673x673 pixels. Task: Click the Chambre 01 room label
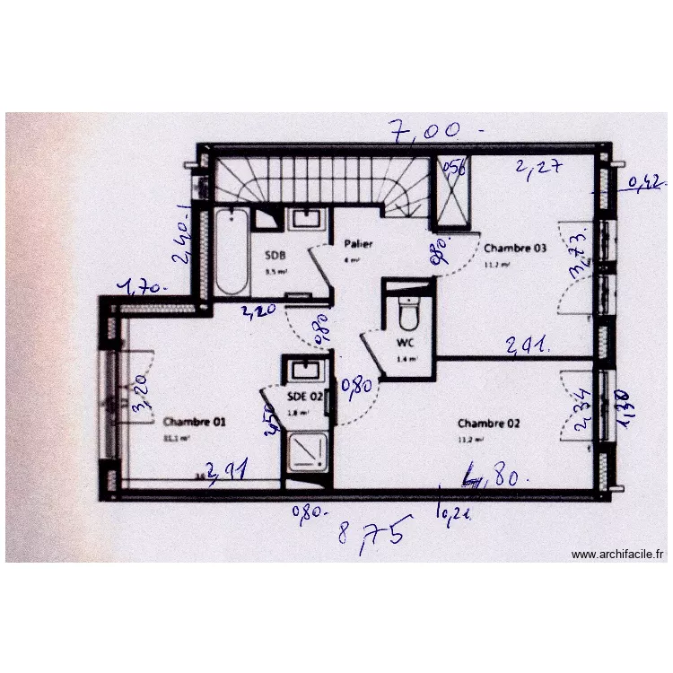tap(194, 421)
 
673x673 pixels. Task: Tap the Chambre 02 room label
tap(488, 423)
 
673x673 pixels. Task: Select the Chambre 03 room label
tap(514, 249)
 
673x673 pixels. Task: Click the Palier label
tap(358, 243)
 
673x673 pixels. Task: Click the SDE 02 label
tap(304, 395)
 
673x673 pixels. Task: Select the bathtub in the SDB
tap(232, 250)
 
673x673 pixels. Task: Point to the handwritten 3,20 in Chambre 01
tap(138, 394)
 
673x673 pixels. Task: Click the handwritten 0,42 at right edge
tap(646, 184)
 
